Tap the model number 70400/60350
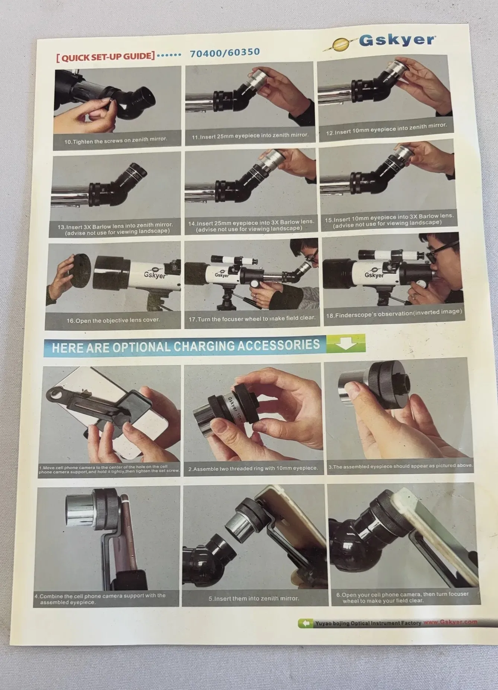(225, 53)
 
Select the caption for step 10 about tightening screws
(116, 140)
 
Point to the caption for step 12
(386, 129)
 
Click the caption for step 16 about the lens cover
(113, 320)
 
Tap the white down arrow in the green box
(346, 343)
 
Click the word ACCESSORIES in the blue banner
(279, 345)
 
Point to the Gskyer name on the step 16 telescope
(155, 275)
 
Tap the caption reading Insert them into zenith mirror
(254, 598)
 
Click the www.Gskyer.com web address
(450, 622)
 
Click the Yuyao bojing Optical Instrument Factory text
(368, 623)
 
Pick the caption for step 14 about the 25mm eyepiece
(251, 225)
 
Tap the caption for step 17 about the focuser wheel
(252, 319)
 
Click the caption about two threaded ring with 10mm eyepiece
(253, 468)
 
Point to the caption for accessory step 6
(402, 597)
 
